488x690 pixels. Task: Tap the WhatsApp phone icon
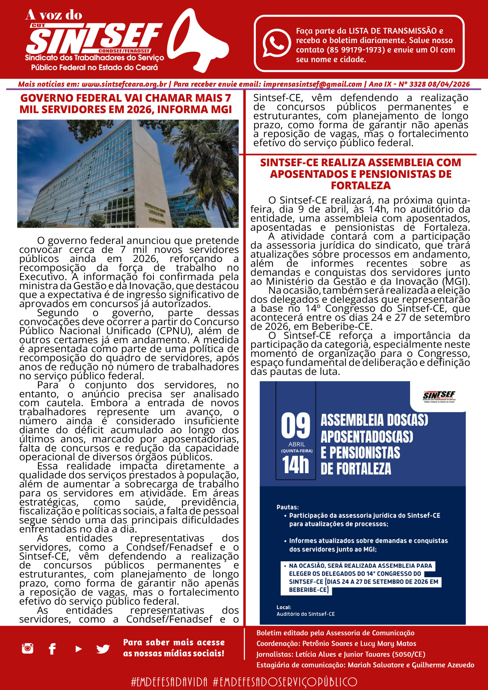[x=276, y=43]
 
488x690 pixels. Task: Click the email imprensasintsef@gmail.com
[x=312, y=84]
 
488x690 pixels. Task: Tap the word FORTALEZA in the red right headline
[x=360, y=185]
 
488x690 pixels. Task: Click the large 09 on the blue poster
[x=295, y=426]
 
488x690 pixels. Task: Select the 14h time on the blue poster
[x=295, y=465]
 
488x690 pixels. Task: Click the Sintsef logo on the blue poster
[x=439, y=396]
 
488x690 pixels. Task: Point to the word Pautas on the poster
[x=287, y=507]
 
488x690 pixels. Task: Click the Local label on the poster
[x=284, y=607]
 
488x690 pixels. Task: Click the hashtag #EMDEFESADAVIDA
[x=169, y=682]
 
